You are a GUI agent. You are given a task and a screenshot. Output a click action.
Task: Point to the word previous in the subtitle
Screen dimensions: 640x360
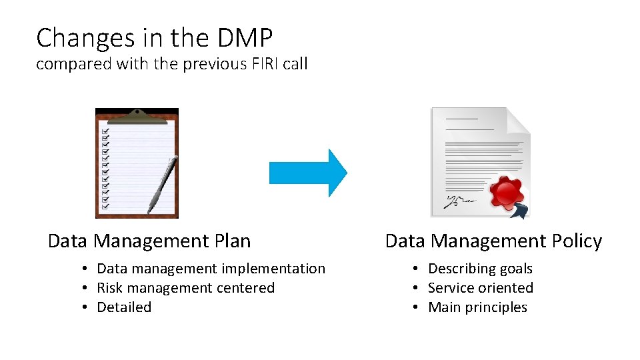(x=203, y=65)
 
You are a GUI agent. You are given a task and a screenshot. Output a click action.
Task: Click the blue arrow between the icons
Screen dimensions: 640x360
(x=308, y=173)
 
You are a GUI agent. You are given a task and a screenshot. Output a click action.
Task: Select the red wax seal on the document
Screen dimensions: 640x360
(x=507, y=192)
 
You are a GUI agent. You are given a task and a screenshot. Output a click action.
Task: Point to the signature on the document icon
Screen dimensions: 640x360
(x=460, y=199)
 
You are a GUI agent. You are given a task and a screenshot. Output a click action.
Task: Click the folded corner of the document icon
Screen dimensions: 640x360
(x=518, y=119)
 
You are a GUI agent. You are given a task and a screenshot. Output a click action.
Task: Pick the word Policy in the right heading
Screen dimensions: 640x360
(x=577, y=241)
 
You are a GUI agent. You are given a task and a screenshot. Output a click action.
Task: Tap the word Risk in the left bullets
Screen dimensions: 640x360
(x=110, y=288)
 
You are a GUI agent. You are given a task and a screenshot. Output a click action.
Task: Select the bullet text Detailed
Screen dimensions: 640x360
(x=124, y=307)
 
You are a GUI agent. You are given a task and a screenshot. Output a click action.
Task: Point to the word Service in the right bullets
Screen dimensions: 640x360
(x=451, y=288)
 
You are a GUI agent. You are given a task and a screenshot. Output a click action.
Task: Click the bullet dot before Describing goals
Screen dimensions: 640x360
(x=415, y=269)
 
